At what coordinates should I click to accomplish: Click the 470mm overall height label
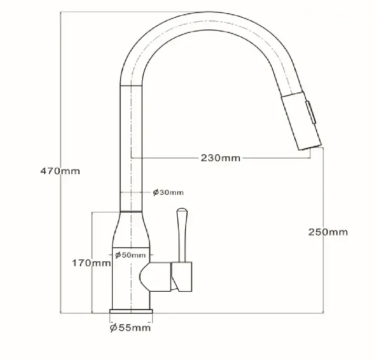60,172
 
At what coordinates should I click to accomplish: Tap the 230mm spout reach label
220,158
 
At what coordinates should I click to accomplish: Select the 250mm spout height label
328,232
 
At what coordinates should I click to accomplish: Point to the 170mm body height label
92,263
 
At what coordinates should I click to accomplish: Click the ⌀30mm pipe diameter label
168,193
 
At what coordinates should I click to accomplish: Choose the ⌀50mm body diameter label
130,255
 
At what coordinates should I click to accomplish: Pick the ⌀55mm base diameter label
131,327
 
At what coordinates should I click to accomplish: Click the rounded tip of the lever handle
182,210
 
